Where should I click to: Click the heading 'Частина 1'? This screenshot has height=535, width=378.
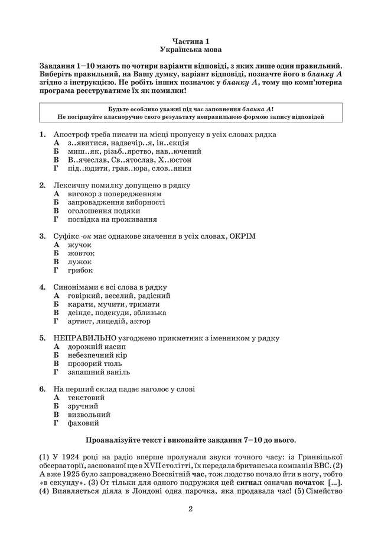188,41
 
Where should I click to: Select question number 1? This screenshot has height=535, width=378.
43,134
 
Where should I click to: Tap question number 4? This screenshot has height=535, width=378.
43,287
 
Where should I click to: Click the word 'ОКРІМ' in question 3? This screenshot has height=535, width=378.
243,236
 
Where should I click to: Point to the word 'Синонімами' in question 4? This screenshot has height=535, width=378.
76,287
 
